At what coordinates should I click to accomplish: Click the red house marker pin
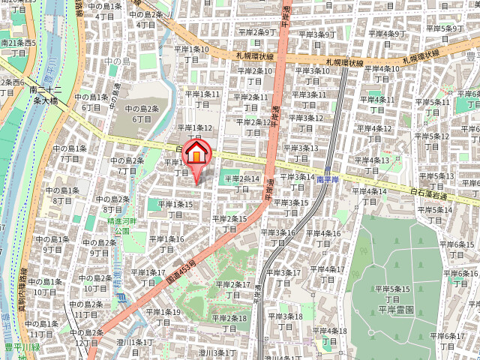[196, 154]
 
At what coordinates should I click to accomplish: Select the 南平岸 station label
[328, 180]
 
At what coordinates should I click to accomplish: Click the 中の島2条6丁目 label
[141, 113]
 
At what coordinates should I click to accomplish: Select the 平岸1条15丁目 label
[177, 208]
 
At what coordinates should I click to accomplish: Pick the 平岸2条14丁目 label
[241, 184]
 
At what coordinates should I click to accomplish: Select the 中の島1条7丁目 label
[69, 153]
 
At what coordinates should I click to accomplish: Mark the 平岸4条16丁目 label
[324, 238]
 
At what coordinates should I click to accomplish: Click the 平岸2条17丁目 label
[232, 289]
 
